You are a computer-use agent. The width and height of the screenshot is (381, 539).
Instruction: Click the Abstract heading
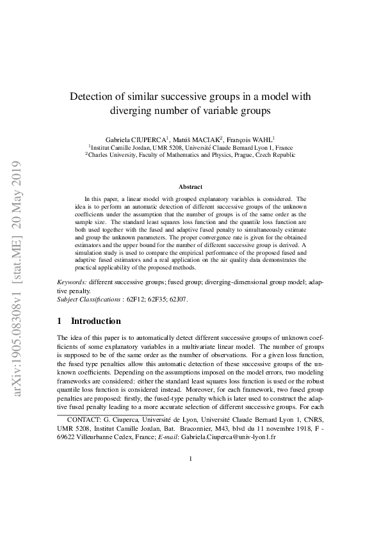(190, 187)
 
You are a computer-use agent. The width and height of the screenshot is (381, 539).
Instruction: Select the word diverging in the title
(136, 109)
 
